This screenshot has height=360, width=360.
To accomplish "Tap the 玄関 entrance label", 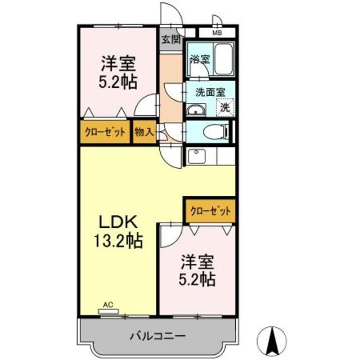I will [x=170, y=39].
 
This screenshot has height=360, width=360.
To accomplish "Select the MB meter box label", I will [x=217, y=33].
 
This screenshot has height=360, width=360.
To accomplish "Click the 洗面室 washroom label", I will [x=210, y=90].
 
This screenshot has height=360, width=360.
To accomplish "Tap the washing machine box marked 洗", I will [x=226, y=105].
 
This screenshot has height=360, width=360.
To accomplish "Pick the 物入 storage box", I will [x=144, y=133].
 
